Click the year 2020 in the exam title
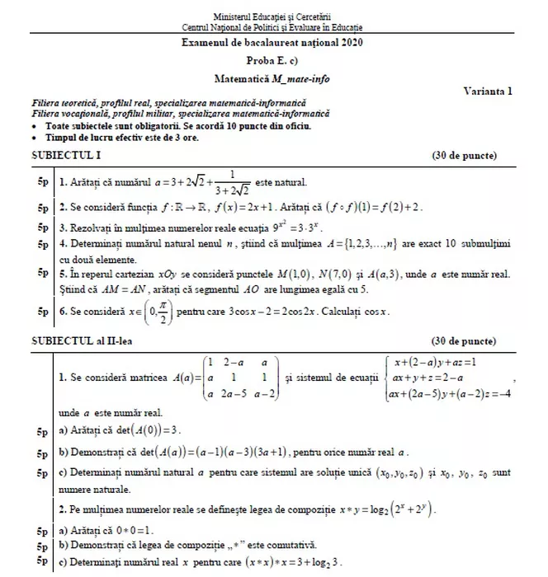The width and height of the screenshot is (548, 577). coord(349,42)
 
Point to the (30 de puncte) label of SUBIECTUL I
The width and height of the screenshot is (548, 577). coord(464,155)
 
